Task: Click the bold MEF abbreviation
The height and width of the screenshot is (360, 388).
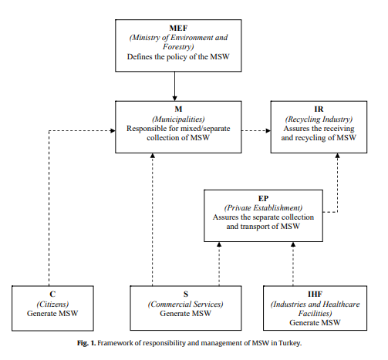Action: tap(178, 28)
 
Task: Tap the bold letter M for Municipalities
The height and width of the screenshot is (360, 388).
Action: tap(178, 109)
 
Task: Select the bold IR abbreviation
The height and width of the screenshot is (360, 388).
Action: tap(319, 109)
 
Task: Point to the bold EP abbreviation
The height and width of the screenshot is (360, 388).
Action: tap(263, 198)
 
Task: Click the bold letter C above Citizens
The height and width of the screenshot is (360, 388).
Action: tap(52, 294)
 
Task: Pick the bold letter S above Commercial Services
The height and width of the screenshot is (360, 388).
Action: tap(186, 294)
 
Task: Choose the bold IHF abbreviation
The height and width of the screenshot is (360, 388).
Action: tap(315, 294)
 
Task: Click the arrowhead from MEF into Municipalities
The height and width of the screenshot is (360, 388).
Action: tap(174, 99)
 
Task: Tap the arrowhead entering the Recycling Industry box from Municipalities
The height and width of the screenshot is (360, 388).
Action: tap(268, 131)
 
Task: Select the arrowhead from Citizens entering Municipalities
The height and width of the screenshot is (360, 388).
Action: tap(113, 131)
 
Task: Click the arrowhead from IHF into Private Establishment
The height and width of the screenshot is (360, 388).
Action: tap(293, 244)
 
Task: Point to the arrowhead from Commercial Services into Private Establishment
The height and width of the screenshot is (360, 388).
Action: tap(219, 244)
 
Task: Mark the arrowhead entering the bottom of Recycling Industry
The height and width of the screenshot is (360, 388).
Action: tap(338, 156)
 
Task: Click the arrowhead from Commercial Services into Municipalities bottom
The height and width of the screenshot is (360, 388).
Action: tap(153, 156)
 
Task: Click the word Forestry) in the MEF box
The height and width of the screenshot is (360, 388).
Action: tap(178, 47)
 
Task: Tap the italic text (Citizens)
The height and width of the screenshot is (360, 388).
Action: tap(52, 304)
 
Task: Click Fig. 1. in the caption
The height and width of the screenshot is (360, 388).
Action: tap(86, 343)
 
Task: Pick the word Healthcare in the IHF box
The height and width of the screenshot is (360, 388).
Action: tap(341, 304)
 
